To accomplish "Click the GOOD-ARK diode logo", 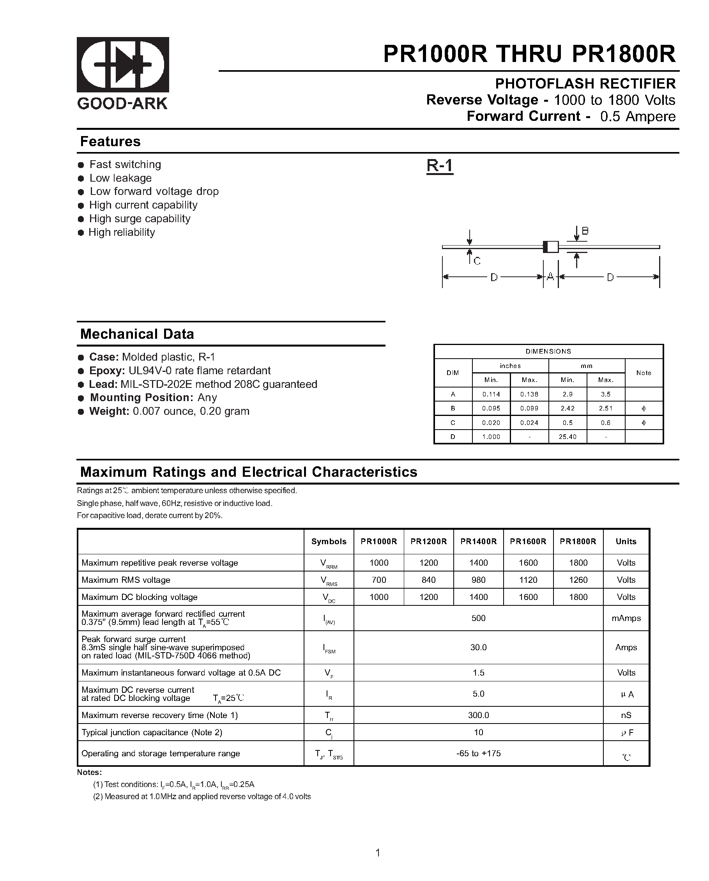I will pos(123,65).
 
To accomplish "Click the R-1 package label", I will pos(440,166).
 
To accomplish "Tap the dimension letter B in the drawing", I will pos(585,231).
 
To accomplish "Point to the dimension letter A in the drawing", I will pos(550,277).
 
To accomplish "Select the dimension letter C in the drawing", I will pos(477,261).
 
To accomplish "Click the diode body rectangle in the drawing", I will pos(551,247).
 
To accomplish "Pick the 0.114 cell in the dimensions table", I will pos(491,395).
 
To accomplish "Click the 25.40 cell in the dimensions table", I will pos(567,437).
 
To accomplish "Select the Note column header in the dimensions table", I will pos(644,373).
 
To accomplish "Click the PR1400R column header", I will pos(478,541).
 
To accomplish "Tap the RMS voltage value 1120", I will pos(528,580).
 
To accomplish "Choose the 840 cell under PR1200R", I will pos(428,580).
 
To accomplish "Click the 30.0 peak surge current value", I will pos(478,647).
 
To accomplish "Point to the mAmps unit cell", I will pos(626,618).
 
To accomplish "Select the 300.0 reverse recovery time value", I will pos(478,715).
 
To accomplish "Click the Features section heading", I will pos(110,142).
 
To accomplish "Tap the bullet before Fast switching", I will pos(81,165).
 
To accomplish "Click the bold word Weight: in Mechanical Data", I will pos(109,411).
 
